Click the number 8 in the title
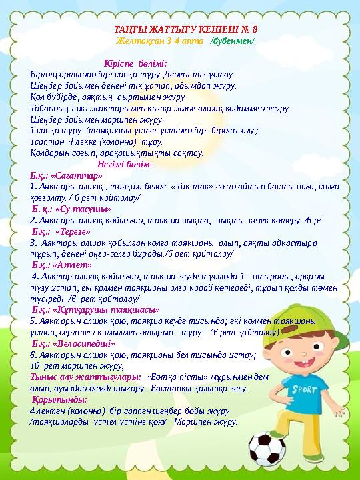[x=254, y=30]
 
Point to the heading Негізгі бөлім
[x=124, y=164]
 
